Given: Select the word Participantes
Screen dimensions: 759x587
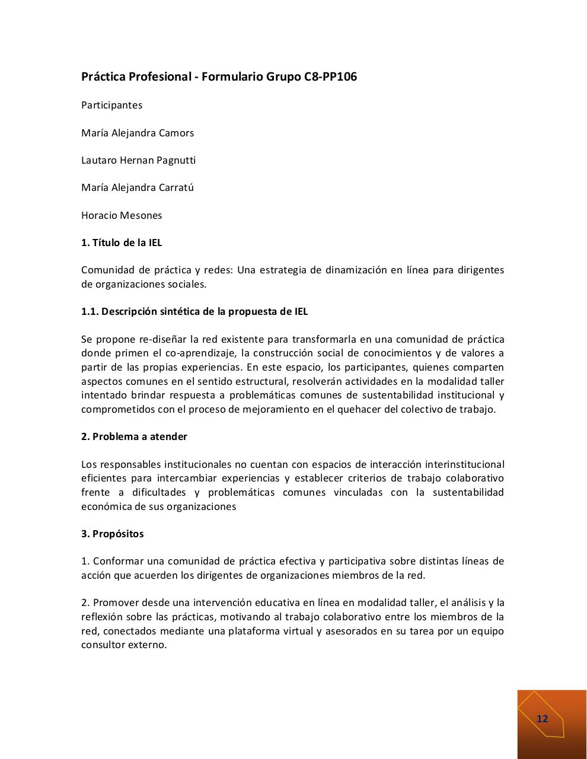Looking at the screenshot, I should click(x=111, y=105).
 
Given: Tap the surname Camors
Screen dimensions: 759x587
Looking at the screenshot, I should click(x=175, y=133).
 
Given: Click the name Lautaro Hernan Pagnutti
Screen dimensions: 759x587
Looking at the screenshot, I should click(x=138, y=160).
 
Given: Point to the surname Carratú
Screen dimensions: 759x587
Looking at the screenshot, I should click(x=176, y=187).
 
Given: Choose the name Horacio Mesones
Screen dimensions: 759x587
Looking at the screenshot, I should click(x=122, y=215).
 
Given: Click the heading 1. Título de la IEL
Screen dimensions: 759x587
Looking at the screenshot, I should click(x=122, y=243).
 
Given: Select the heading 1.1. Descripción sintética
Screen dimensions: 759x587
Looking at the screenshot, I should click(x=194, y=311).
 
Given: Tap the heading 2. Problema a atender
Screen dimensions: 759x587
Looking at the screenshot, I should click(x=134, y=436).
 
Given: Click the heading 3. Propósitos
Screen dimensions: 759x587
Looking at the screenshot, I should click(x=112, y=534).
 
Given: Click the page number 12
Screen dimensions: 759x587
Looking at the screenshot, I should click(x=542, y=719).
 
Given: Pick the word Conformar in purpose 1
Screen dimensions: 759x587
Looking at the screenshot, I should click(x=116, y=561).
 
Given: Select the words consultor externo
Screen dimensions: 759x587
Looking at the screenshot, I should click(x=124, y=645).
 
